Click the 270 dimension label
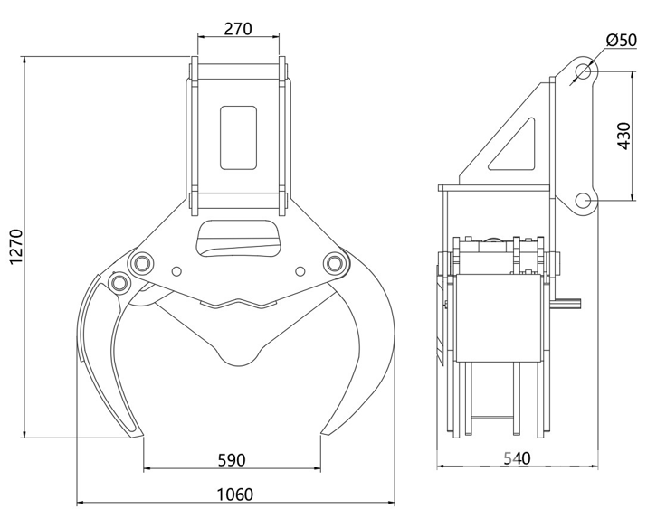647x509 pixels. [238, 29]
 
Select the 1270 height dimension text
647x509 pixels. [16, 247]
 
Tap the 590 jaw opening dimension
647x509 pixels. [232, 460]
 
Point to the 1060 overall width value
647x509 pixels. [234, 495]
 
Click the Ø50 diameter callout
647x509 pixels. [622, 40]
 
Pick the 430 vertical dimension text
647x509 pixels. [623, 136]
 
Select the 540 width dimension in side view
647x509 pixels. [517, 457]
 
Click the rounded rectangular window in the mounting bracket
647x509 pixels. [239, 137]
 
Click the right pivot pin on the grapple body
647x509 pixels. [335, 262]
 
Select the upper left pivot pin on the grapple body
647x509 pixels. [141, 262]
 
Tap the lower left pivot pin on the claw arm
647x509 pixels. [119, 283]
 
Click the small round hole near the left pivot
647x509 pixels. [176, 271]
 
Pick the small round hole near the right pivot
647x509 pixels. [300, 271]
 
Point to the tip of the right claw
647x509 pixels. [321, 433]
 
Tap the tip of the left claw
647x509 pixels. [142, 435]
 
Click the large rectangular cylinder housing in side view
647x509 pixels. [499, 317]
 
